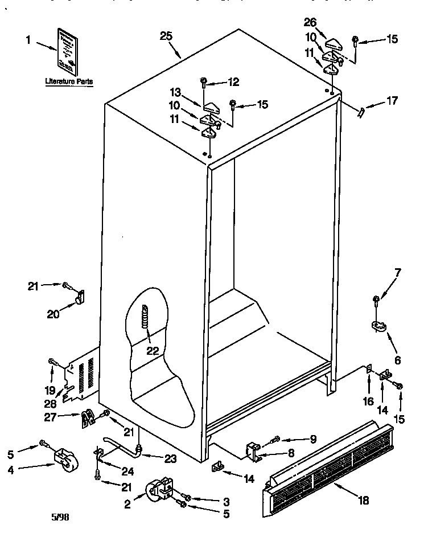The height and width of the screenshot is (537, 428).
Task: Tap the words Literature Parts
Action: click(69, 82)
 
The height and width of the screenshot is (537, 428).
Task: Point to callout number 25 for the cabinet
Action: click(166, 36)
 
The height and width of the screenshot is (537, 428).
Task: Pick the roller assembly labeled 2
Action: click(159, 490)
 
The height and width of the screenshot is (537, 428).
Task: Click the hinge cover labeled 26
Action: click(333, 43)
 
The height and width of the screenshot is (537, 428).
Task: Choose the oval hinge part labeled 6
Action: click(377, 326)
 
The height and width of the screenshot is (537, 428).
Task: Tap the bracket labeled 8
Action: click(254, 452)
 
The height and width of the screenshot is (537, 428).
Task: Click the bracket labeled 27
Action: click(87, 420)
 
